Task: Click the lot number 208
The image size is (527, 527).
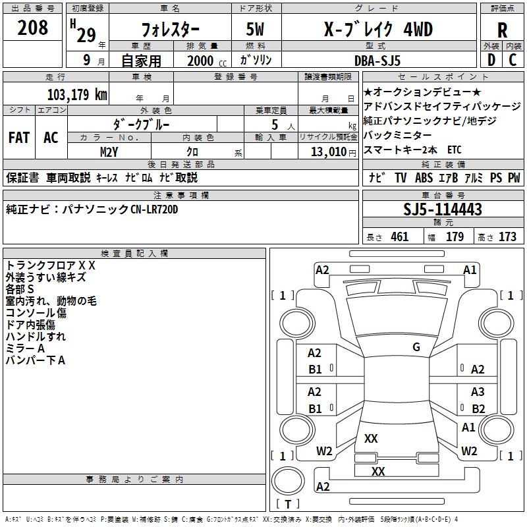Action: tap(33, 28)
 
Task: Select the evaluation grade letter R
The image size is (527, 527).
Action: tap(502, 30)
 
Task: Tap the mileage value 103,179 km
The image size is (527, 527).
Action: tap(76, 95)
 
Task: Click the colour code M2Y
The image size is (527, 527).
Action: tap(109, 152)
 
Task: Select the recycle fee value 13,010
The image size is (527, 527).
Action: tap(327, 152)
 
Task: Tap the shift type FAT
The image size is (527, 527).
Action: tap(18, 138)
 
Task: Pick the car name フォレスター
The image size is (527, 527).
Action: tap(171, 30)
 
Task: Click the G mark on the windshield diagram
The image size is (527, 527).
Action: tap(416, 347)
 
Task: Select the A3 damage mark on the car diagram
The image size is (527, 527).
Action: tap(478, 391)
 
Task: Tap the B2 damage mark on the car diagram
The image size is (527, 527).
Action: tap(478, 408)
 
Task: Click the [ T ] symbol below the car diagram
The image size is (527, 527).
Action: tap(288, 504)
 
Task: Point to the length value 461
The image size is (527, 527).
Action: tap(399, 237)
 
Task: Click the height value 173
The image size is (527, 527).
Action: tap(507, 237)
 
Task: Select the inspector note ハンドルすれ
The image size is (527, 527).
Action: tap(36, 336)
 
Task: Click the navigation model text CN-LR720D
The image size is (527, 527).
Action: tap(154, 209)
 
